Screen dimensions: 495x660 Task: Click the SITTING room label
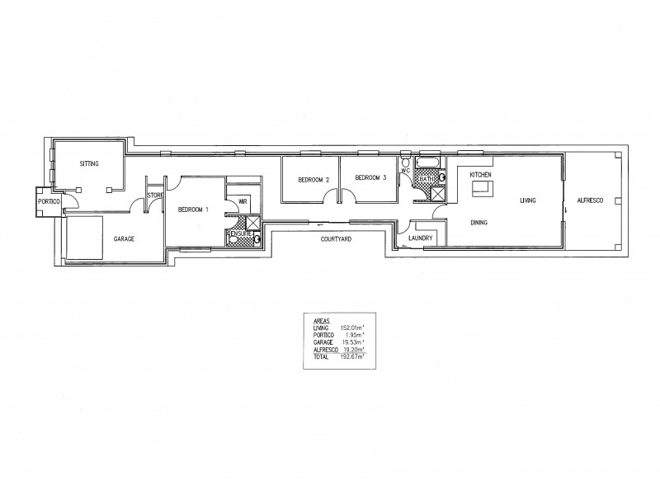point(89,164)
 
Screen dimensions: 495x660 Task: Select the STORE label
point(155,196)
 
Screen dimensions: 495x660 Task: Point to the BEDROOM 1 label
point(193,210)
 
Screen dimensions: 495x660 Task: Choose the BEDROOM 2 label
point(314,179)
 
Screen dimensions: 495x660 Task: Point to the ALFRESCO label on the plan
point(590,200)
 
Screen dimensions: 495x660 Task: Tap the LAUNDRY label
point(422,239)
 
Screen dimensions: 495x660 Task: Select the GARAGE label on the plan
point(124,238)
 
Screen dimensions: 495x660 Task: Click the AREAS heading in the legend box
point(323,320)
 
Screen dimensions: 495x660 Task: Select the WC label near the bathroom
point(405,172)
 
